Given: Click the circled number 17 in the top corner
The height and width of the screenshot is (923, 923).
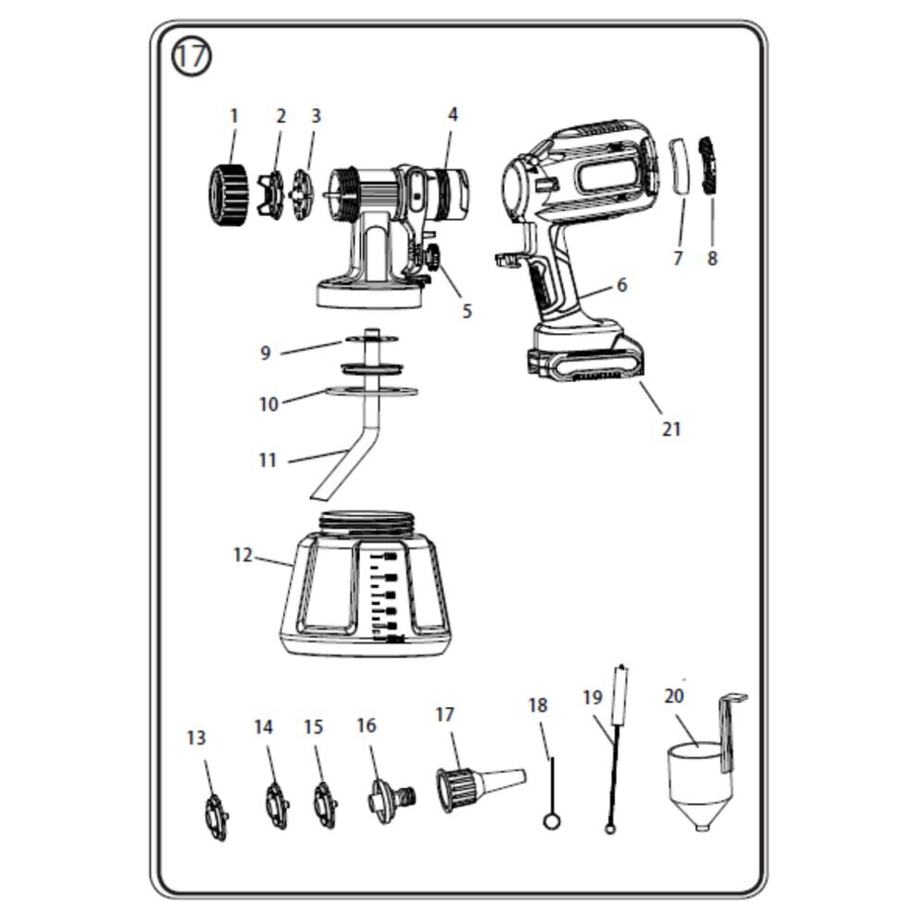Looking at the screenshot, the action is tap(191, 57).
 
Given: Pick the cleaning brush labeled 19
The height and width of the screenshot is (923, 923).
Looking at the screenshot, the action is tap(617, 748).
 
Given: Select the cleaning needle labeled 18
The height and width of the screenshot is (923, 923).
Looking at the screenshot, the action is tap(552, 795).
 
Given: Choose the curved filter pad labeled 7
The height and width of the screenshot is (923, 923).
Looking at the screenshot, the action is tap(683, 166).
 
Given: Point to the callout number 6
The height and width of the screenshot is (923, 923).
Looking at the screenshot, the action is tap(621, 285).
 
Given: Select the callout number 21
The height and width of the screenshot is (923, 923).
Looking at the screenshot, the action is tap(671, 430).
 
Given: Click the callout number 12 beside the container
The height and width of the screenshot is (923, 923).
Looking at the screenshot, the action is tap(243, 555).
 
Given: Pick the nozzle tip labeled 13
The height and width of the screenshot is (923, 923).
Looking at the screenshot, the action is tap(216, 817).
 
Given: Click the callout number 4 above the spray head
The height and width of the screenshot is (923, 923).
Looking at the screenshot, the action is tap(452, 114).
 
